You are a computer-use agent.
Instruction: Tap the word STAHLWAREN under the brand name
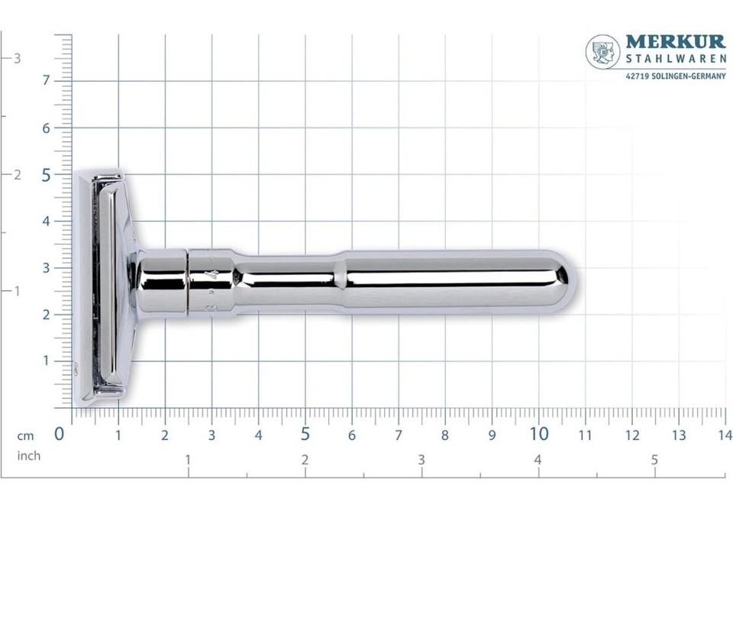click(675, 60)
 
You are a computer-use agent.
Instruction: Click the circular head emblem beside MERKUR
click(602, 51)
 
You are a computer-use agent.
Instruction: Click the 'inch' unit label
click(29, 456)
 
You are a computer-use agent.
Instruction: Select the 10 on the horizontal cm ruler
click(538, 434)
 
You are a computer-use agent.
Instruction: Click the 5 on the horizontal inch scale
click(654, 460)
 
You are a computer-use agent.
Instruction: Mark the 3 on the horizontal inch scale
click(421, 460)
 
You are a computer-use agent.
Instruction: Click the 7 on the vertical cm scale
click(46, 80)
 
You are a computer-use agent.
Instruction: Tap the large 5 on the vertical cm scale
click(46, 175)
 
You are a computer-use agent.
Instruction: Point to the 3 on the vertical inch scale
click(17, 58)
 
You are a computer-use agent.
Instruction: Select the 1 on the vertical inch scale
click(17, 291)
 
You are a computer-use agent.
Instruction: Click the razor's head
click(103, 286)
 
